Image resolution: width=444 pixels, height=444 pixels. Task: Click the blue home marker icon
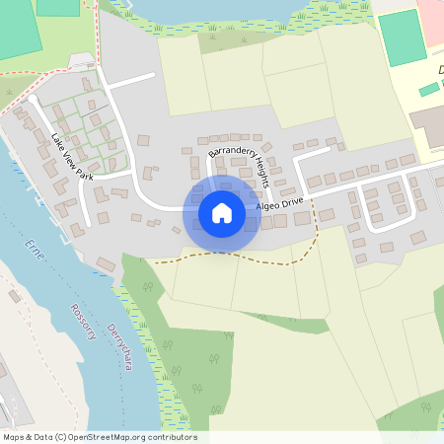[222, 213]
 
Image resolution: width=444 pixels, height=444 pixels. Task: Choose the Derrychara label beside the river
[120, 346]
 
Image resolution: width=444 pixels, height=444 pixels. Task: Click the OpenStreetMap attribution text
[100, 437]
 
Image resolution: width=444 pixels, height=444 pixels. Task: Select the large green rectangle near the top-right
[402, 37]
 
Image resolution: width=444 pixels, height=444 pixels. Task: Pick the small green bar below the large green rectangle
[428, 90]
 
